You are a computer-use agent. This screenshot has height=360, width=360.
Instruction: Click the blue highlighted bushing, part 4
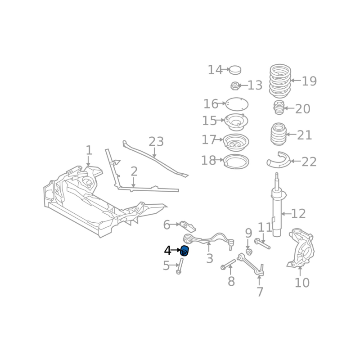point(184,251)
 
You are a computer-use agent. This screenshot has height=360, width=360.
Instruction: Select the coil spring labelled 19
point(280,81)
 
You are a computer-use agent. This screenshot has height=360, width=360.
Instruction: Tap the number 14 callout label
point(215,70)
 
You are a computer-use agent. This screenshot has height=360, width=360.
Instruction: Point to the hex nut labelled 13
point(234,85)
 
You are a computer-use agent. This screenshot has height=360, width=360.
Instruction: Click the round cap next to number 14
point(235,70)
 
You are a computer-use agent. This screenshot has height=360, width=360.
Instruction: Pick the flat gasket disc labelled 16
point(237,104)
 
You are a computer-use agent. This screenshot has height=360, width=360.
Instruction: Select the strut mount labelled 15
point(236,122)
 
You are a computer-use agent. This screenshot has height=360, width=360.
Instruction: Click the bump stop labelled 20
point(279,108)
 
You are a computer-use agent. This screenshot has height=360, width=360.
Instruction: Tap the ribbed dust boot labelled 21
point(278,134)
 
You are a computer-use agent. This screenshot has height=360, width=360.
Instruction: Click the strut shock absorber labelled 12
point(277,204)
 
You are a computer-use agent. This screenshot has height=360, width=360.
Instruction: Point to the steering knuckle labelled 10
point(301,248)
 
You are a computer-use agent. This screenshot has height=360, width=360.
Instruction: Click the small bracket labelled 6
point(188,226)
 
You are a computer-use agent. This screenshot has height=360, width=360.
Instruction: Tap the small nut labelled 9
point(248,252)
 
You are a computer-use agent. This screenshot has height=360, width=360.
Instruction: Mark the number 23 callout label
point(156,142)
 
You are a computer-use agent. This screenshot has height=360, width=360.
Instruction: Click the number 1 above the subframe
point(89,150)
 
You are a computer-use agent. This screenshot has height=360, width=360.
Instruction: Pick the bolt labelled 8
point(228,265)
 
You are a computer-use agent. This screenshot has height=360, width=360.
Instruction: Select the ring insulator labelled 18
point(236,162)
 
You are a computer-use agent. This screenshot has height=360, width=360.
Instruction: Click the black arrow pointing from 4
point(176,250)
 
